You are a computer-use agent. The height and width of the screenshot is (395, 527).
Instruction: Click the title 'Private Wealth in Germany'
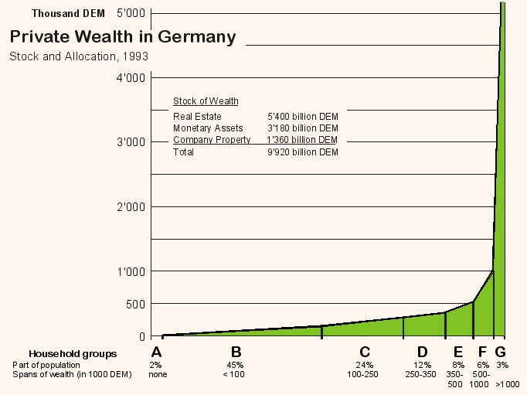(123, 36)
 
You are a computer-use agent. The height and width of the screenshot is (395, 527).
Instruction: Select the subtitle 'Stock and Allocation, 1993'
(79, 56)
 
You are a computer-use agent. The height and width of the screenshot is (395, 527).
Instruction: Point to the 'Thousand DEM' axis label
(68, 13)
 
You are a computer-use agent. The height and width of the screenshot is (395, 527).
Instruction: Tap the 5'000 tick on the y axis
(131, 13)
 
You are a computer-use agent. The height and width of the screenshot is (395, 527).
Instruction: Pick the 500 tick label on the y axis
(135, 304)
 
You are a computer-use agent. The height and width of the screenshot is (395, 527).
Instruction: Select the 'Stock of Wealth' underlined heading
(206, 101)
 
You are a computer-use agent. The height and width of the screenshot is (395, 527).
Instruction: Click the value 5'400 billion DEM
(302, 117)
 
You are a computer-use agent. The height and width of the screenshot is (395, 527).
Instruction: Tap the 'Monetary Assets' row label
(208, 128)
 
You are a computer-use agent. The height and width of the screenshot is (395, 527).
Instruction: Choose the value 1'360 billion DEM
(302, 140)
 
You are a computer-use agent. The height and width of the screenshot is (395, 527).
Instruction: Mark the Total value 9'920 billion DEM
(302, 152)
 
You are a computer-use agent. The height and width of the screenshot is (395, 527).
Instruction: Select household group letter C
(365, 352)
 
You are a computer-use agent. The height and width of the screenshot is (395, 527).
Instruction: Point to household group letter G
(500, 352)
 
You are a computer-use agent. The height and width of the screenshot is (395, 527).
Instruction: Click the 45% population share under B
(236, 365)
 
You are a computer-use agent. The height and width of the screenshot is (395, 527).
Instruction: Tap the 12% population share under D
(422, 365)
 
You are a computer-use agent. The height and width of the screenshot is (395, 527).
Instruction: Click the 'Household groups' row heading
(73, 354)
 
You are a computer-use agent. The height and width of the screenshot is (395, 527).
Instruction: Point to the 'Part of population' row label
(46, 365)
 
